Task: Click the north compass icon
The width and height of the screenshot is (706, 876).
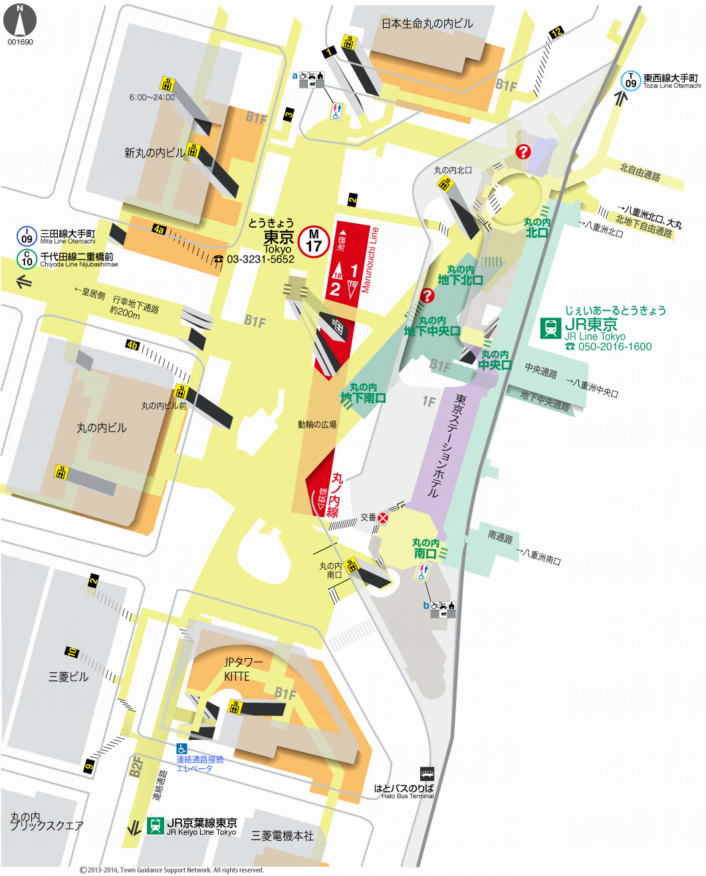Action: (20, 21)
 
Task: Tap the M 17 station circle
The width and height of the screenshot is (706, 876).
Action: (314, 241)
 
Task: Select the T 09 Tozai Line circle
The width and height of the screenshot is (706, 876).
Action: (630, 81)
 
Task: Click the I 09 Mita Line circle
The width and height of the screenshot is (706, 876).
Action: (27, 236)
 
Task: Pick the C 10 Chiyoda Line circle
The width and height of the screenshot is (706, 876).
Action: (27, 259)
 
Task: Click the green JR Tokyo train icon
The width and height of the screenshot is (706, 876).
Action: (550, 328)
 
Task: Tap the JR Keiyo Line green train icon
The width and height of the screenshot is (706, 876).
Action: (156, 826)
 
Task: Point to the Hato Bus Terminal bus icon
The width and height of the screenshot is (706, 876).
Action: (427, 774)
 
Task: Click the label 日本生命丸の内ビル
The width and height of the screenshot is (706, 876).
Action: (427, 24)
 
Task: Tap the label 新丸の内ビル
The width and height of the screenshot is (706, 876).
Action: (155, 153)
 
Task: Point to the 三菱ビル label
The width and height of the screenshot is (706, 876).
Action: (68, 677)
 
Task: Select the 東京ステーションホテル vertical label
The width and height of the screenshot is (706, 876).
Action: (446, 446)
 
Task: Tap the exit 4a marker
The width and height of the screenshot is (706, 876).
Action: (159, 229)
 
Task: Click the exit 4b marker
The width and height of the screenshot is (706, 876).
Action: (133, 345)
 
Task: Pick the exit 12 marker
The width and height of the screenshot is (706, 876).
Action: (556, 32)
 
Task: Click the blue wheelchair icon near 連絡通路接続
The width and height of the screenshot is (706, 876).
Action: (181, 748)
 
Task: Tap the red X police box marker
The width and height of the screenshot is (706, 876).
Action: (383, 517)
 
